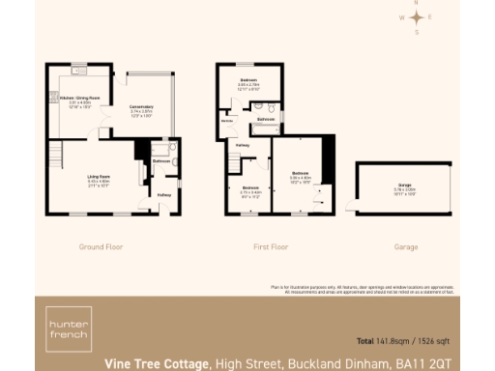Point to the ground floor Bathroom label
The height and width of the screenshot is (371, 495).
[160, 160]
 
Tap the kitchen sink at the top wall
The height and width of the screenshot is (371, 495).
[79, 71]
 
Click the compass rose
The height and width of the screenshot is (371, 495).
[417, 17]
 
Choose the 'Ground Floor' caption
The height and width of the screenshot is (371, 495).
[101, 246]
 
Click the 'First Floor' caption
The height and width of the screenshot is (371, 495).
[271, 246]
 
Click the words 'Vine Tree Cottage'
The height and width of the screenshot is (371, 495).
[157, 363]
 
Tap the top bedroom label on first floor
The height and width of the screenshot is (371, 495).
[249, 83]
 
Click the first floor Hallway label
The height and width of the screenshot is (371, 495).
[243, 145]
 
